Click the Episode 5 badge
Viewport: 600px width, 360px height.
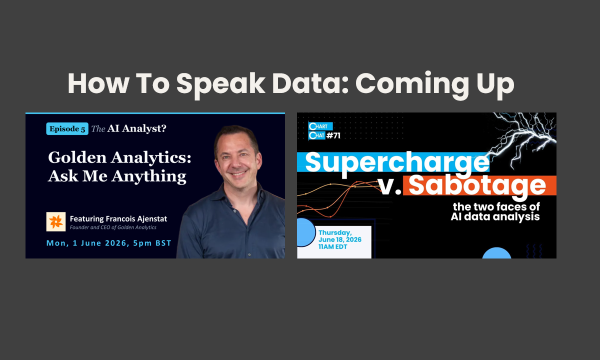tap(67, 129)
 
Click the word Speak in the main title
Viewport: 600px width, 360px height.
tap(220, 84)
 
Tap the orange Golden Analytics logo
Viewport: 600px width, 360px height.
tap(56, 222)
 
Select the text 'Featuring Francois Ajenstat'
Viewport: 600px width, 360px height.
tap(118, 219)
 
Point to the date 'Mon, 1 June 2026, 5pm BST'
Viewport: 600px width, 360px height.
tap(109, 243)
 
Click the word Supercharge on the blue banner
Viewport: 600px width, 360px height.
tap(397, 163)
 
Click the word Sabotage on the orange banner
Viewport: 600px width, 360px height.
tap(477, 186)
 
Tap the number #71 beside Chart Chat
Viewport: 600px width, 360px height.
tap(333, 136)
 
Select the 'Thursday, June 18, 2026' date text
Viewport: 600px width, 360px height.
tap(340, 236)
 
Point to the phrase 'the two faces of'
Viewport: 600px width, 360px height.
tap(496, 207)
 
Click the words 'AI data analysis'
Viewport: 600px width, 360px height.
tap(495, 217)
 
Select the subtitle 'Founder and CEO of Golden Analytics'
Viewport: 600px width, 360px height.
tap(113, 227)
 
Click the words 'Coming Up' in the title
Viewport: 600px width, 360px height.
tap(434, 84)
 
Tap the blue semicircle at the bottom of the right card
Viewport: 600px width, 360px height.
tap(496, 253)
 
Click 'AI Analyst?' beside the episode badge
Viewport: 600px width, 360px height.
tap(137, 128)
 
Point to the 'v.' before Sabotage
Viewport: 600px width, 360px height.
tap(390, 186)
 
